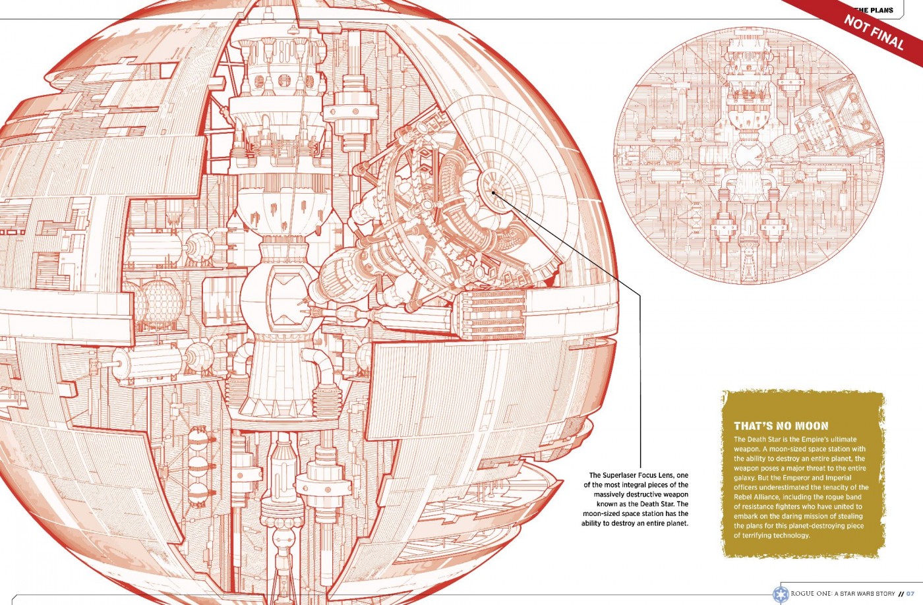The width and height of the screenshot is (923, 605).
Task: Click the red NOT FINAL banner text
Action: tap(874, 32)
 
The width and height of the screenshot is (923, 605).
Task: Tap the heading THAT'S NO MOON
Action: tap(781, 426)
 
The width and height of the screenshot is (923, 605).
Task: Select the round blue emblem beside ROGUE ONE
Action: tap(781, 593)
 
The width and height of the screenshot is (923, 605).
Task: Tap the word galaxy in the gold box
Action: tap(746, 478)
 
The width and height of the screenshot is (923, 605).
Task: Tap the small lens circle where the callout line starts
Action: tap(494, 192)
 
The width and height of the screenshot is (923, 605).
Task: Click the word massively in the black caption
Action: tap(609, 494)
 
